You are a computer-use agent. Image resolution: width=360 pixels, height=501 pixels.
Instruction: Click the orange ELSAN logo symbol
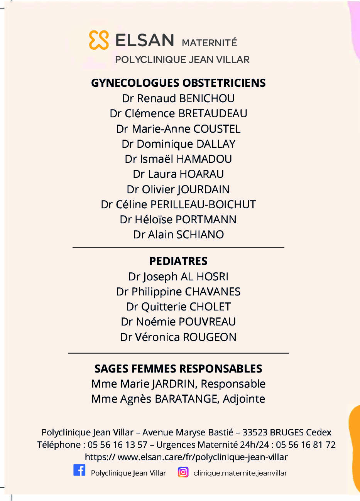point(99,40)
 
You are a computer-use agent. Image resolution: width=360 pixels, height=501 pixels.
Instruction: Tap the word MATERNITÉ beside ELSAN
point(209,43)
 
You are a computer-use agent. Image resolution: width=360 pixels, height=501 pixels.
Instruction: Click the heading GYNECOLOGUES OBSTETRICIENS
point(178,83)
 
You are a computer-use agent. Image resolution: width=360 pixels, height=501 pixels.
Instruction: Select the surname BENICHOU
point(207,98)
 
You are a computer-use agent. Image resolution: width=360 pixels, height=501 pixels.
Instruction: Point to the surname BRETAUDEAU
point(213,113)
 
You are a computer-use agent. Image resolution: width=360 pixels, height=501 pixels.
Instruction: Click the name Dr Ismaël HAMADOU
point(178,159)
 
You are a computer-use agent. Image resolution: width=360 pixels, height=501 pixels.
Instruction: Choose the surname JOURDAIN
point(203,189)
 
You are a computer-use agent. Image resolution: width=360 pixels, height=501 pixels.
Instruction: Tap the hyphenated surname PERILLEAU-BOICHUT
point(203,204)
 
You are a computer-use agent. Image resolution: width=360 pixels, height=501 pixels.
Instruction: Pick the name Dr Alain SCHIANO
point(178,234)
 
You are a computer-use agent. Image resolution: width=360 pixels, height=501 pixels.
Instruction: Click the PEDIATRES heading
point(178,261)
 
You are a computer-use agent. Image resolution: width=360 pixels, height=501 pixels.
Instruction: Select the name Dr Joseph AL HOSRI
point(178,277)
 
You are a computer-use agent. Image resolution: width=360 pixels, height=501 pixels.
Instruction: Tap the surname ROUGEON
point(210,337)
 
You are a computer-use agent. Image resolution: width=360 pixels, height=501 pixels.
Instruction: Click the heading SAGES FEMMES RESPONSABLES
point(178,369)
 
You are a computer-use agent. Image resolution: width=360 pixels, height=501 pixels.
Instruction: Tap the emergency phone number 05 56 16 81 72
point(306,445)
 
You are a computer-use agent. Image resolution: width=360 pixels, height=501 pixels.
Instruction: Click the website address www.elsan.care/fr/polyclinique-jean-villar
point(203,457)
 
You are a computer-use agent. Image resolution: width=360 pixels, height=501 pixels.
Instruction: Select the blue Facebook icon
point(79,471)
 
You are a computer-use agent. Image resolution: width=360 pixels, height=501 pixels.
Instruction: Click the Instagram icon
point(183,472)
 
